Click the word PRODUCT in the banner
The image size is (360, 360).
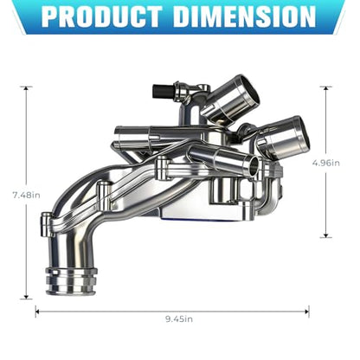click(102, 16)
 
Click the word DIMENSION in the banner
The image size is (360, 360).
click(245, 16)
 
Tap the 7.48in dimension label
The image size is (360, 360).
click(26, 196)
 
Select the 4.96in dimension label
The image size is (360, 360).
click(326, 163)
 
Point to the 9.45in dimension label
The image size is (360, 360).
click(179, 319)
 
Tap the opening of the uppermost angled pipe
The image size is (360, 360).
click(245, 91)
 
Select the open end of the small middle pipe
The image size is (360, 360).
click(254, 166)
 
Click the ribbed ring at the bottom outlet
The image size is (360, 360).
click(71, 280)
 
